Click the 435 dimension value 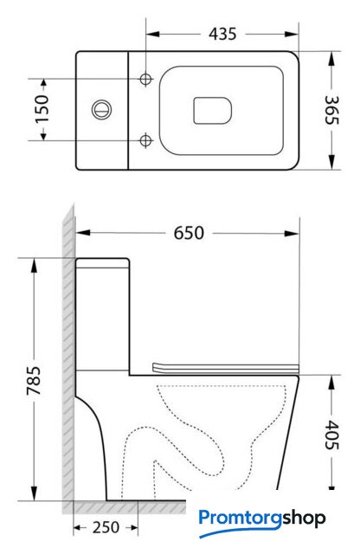tap(222, 34)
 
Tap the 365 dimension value tap(332, 110)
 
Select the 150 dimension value tap(42, 109)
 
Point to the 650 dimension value tap(189, 233)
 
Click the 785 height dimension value tap(34, 381)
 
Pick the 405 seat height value tap(331, 435)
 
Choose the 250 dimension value tap(106, 527)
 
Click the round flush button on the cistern tap(102, 110)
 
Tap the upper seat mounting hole tap(145, 79)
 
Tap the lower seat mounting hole tap(145, 140)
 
